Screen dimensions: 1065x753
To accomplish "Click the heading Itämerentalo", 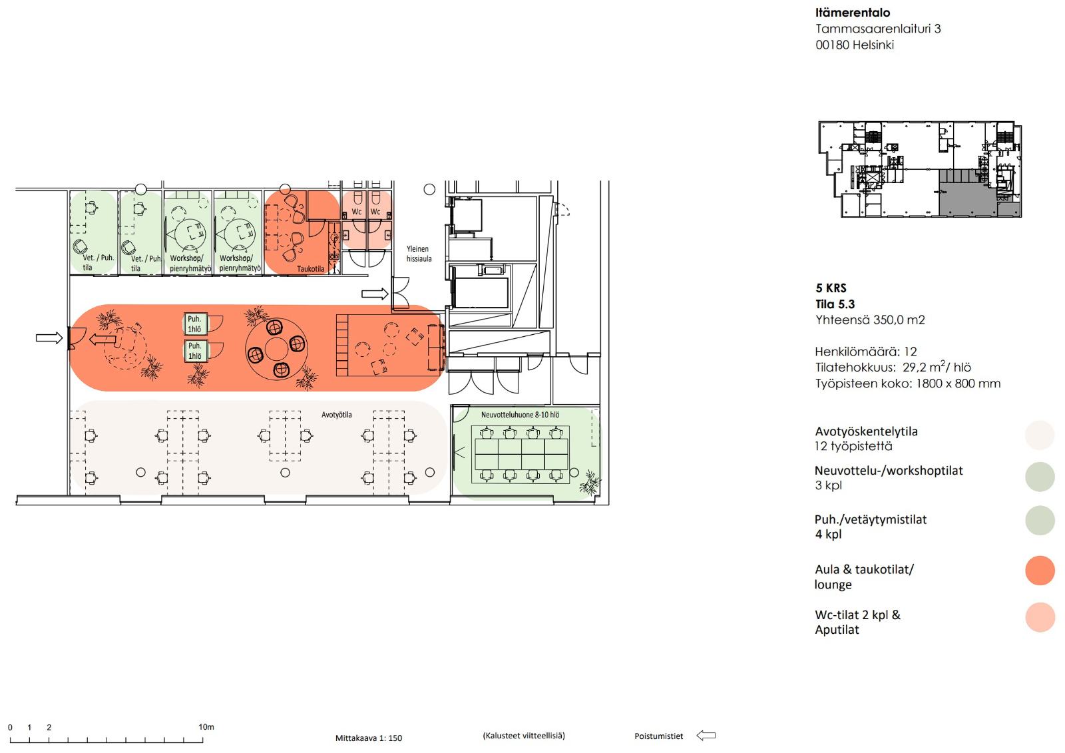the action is pos(853,13).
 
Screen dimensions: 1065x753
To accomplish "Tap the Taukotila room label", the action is pos(310,269).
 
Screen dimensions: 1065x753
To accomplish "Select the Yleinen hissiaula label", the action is pos(419,254).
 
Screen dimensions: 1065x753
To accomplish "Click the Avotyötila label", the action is pos(337,415).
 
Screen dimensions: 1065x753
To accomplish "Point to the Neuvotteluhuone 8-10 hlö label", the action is pos(520,415).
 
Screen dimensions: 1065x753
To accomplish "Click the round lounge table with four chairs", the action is pos(276,349).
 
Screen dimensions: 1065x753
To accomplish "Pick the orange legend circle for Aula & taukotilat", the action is pos(1040,571).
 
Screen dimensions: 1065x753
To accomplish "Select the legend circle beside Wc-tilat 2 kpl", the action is pos(1040,617).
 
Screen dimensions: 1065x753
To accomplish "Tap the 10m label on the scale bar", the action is pos(206,727).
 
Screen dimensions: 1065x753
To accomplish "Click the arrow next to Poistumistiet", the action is pos(706,736).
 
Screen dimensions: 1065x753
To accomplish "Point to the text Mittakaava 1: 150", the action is pos(369,738).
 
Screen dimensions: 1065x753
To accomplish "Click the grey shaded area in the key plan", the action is pos(968,200).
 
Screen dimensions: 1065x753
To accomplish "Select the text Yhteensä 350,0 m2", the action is pos(870,320).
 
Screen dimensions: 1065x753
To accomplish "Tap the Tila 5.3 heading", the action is pos(835,304).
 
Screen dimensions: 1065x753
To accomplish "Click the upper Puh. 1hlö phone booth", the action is pos(196,324).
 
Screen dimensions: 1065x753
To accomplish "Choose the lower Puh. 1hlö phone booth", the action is pos(196,351).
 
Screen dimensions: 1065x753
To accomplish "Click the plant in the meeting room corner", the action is pos(590,483).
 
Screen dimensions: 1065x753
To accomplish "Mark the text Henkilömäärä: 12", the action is pos(866,352).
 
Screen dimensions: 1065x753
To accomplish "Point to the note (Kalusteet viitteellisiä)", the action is pos(524,736).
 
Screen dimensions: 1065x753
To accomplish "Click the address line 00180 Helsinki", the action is pos(855,45).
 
